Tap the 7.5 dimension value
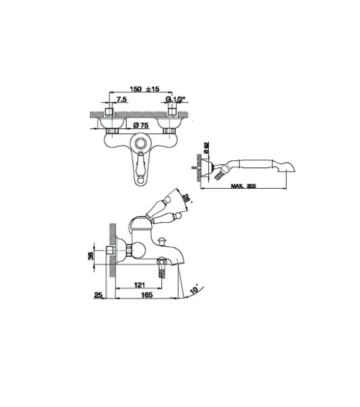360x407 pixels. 122,99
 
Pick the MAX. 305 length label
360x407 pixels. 243,186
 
